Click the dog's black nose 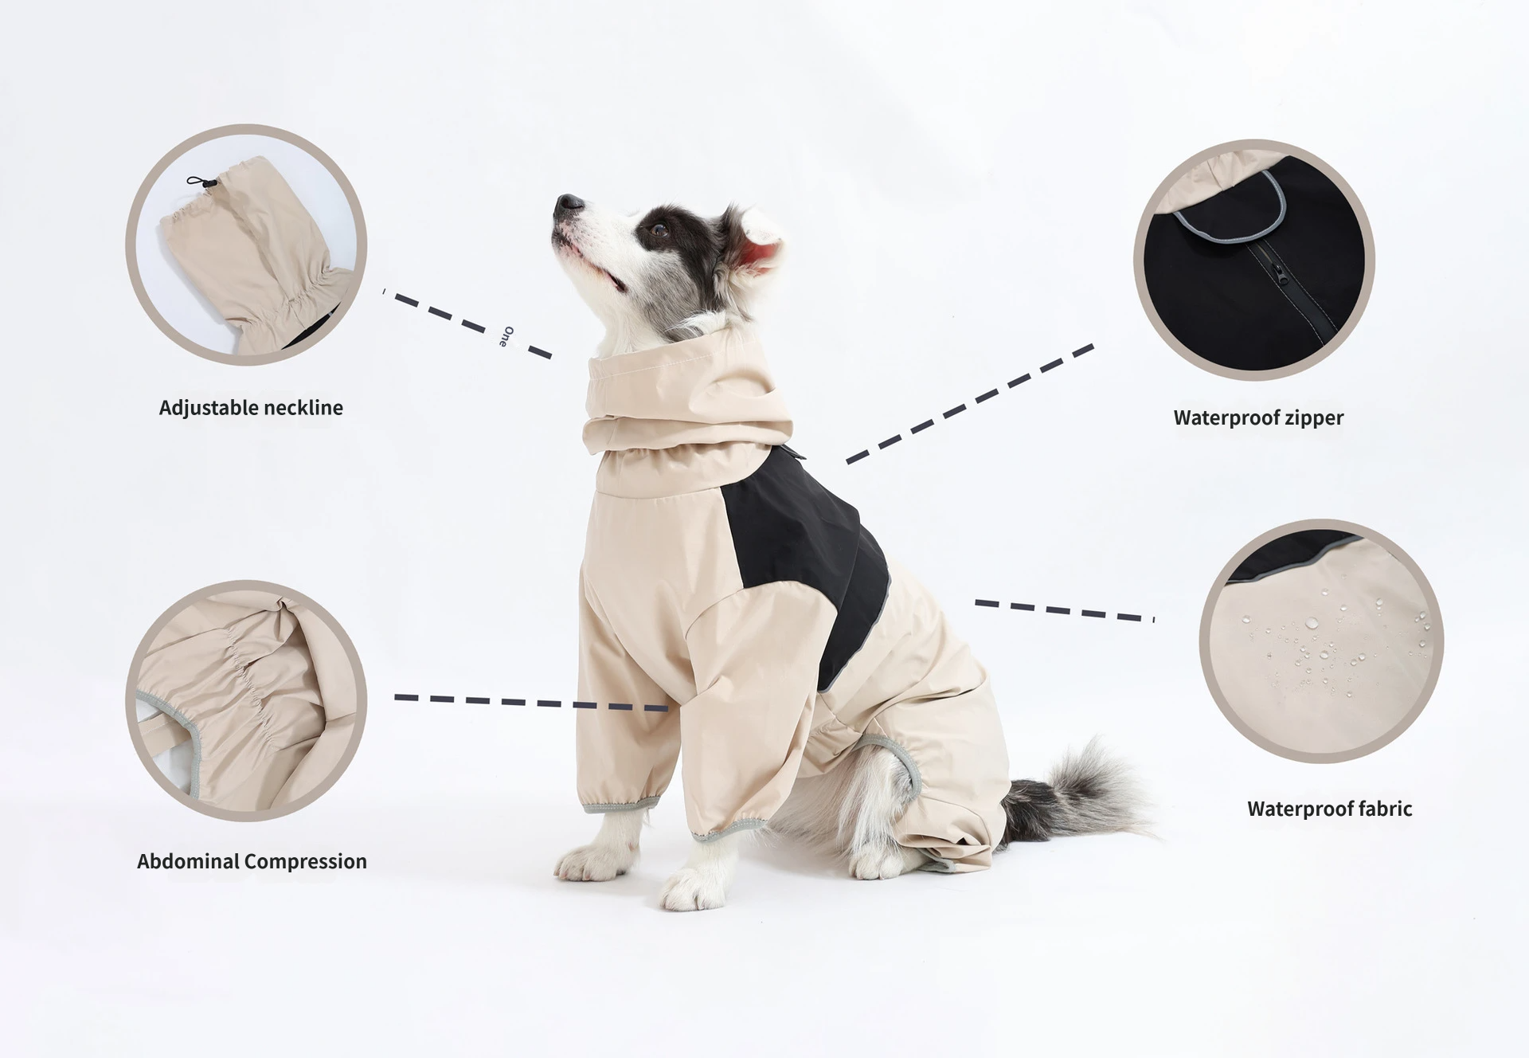[x=569, y=203]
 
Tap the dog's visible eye [x=659, y=230]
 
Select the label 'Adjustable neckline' [x=251, y=408]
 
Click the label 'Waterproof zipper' [x=1258, y=417]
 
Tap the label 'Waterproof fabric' [x=1329, y=809]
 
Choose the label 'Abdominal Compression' [x=252, y=861]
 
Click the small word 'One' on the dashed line [x=506, y=336]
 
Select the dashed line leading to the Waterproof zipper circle [x=970, y=404]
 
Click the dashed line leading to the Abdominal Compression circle [x=531, y=702]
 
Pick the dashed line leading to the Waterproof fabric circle [x=1065, y=610]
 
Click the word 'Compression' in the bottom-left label [x=306, y=862]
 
